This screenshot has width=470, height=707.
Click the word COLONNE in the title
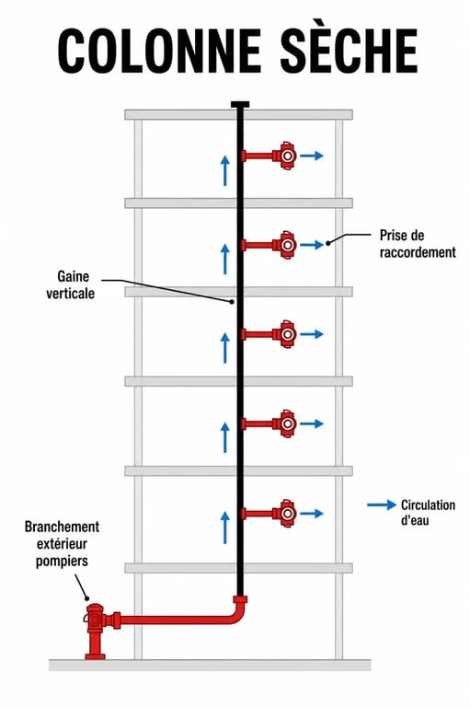coord(159,51)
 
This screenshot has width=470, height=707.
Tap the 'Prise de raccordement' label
coord(418,243)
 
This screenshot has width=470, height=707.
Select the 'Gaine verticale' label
coord(70,285)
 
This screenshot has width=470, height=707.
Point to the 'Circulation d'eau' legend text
coord(428,512)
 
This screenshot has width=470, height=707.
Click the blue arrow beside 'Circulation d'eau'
coord(382,505)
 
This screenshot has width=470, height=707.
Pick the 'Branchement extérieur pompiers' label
coord(62,544)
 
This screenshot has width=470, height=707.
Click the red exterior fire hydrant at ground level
coord(96,632)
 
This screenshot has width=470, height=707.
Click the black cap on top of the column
coord(240,105)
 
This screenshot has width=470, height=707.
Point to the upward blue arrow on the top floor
coord(224,170)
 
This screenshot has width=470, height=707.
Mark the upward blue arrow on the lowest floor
coord(224,527)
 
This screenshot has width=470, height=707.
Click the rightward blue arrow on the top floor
coord(312,156)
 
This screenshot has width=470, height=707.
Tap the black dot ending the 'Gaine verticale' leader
coord(232,302)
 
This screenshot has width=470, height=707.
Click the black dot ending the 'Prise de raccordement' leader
coord(328,243)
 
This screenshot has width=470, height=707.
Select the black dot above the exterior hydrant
coord(88,598)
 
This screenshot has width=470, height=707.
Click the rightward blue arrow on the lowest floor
coord(312,514)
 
